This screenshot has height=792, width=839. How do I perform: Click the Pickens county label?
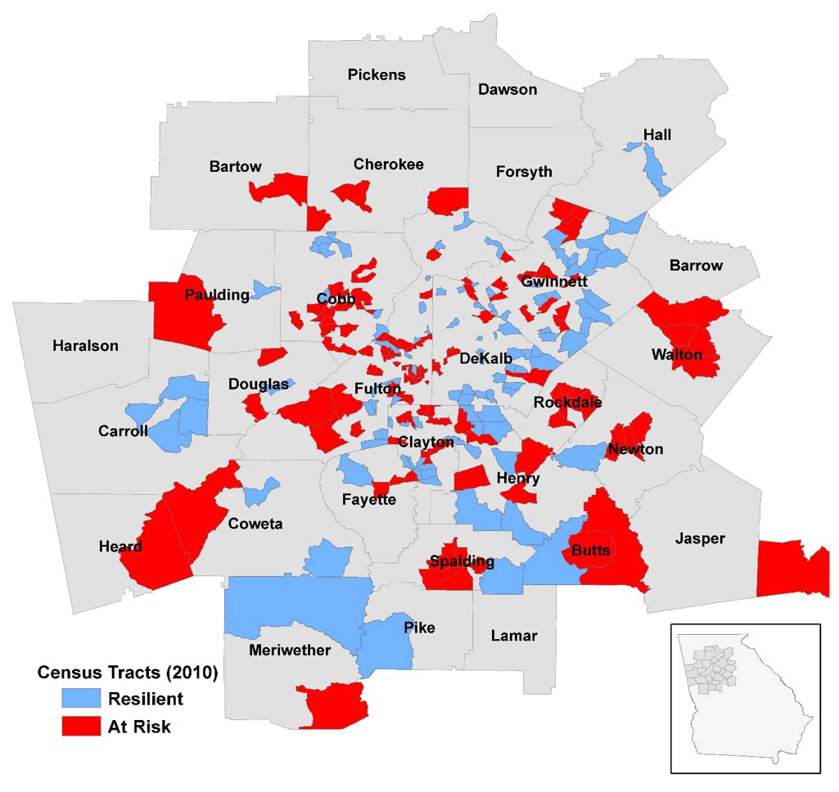376,75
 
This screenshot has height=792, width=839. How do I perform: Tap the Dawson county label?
507,89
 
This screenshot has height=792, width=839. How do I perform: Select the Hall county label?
656,135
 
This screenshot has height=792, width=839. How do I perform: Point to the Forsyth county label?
524,172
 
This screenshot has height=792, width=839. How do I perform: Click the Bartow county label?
235,167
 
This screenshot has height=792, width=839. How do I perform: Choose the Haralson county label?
85,345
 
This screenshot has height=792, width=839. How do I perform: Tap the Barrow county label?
696,265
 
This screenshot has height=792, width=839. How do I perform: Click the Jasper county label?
700,538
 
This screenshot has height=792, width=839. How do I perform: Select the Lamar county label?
513,635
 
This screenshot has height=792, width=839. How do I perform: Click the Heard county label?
120,547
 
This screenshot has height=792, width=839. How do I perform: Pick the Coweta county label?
255,524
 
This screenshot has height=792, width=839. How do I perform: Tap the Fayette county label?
369,500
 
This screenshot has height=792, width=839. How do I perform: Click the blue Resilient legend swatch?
80,698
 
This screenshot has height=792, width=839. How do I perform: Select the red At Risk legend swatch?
80,726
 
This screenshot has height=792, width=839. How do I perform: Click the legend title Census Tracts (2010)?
128,673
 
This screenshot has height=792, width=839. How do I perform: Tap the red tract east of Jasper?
792,569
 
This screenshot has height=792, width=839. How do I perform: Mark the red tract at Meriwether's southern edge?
334,704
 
